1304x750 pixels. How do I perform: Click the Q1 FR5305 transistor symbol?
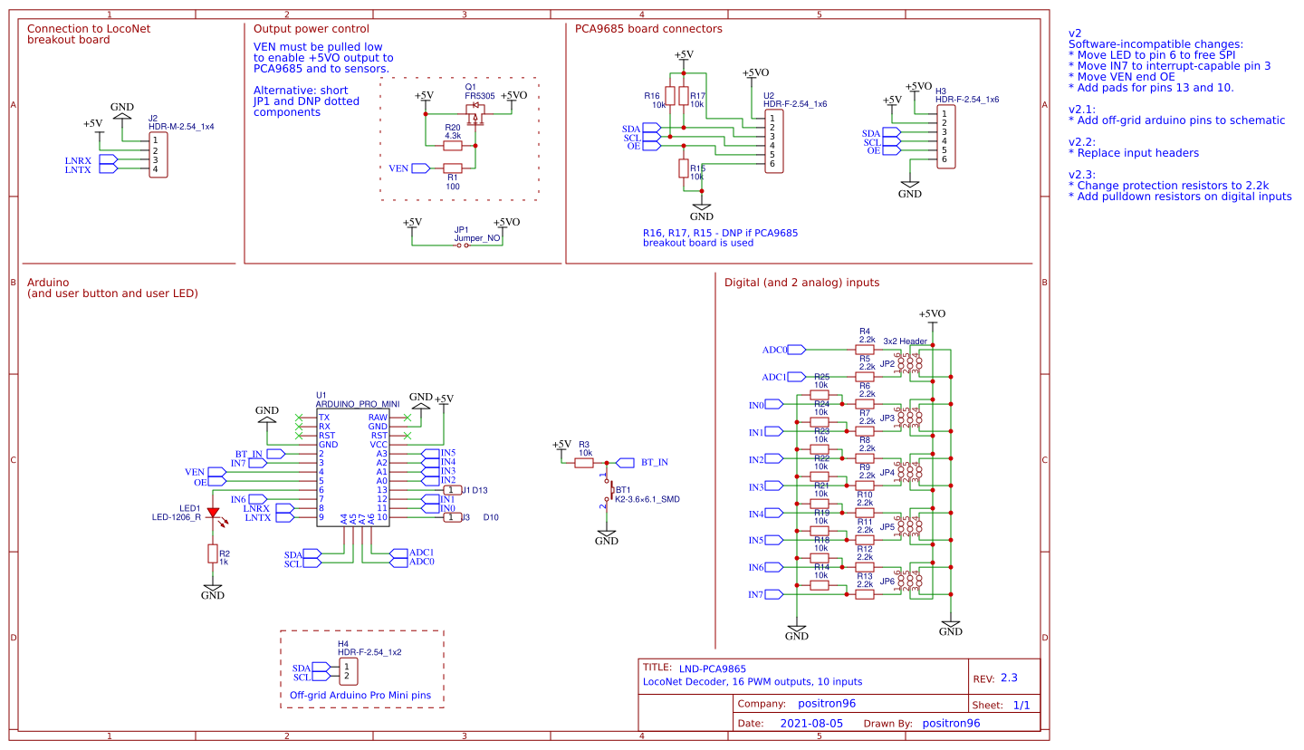tap(475, 113)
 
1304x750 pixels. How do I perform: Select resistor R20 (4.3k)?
tap(453, 145)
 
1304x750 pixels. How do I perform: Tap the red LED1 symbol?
tap(213, 513)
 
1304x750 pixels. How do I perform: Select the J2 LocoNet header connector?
tap(158, 155)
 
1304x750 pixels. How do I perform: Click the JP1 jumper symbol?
tap(463, 245)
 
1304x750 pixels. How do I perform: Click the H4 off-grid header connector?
tap(347, 672)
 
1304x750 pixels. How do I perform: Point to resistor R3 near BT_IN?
tap(584, 462)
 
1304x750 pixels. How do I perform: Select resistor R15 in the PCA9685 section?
tap(683, 168)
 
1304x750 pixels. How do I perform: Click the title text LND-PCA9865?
tap(713, 668)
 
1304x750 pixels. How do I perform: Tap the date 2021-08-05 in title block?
tap(811, 724)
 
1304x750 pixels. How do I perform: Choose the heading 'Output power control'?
tap(312, 29)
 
